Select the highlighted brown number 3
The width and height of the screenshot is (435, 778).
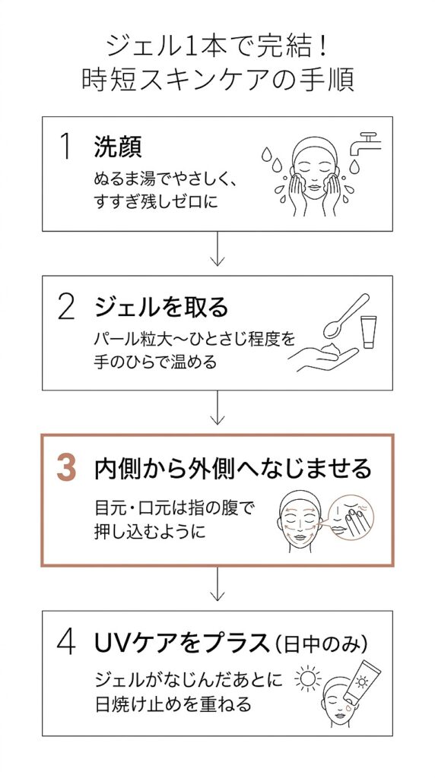[67, 469]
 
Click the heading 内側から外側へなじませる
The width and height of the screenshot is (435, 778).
[233, 469]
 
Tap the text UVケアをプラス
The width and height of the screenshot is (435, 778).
[182, 644]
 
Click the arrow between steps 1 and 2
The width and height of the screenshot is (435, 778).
[217, 249]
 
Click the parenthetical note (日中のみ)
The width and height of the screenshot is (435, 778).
[321, 644]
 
